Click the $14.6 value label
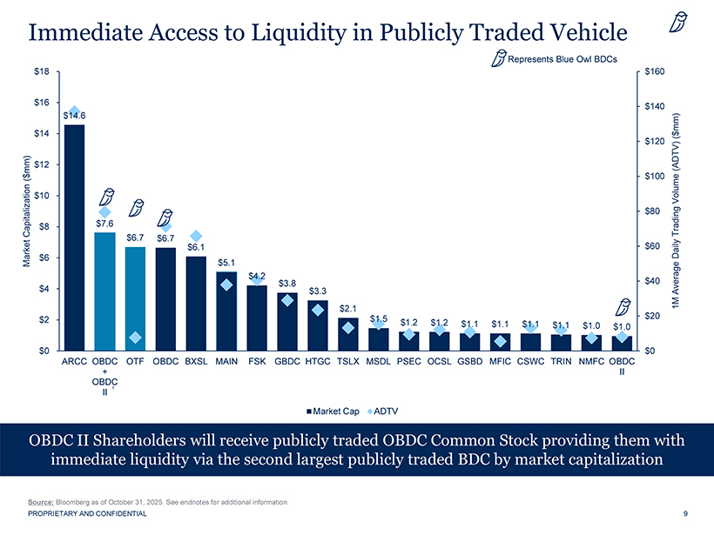(x=74, y=115)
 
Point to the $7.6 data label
(x=104, y=223)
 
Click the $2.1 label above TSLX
(x=348, y=308)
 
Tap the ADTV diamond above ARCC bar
(x=75, y=111)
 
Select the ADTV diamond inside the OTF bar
(x=135, y=338)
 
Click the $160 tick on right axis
(x=653, y=71)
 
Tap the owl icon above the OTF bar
(x=136, y=208)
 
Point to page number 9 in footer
(x=686, y=514)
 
